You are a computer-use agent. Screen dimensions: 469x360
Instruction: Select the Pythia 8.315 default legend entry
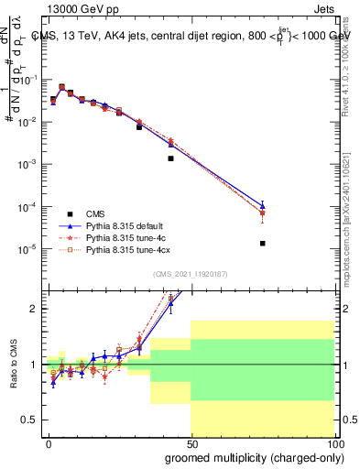[x=126, y=224]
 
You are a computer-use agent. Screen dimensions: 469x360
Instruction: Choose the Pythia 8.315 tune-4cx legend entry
[x=128, y=249]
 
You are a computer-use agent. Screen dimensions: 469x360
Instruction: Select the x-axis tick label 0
[x=49, y=442]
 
